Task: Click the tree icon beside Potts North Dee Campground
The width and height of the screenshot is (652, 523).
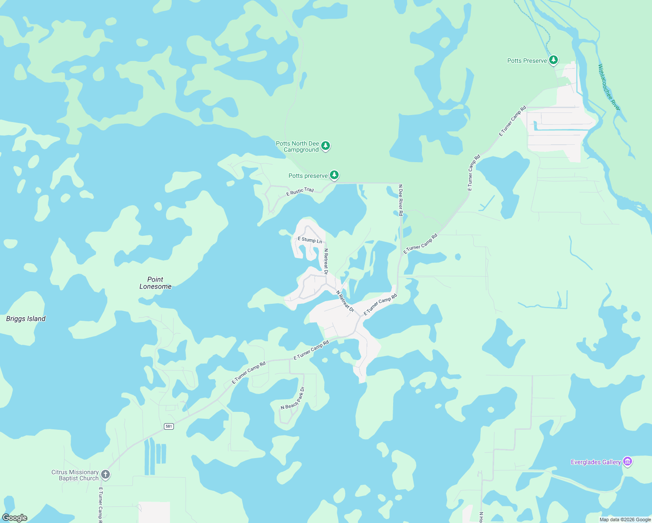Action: pyautogui.click(x=326, y=146)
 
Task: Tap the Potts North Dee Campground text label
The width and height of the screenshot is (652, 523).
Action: pyautogui.click(x=298, y=146)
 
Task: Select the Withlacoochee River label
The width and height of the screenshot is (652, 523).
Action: pyautogui.click(x=609, y=87)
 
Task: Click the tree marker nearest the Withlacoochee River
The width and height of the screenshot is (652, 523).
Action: pyautogui.click(x=554, y=60)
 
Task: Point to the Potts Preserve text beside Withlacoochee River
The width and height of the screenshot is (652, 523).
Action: pyautogui.click(x=527, y=61)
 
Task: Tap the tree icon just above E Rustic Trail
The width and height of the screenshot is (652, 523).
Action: pyautogui.click(x=334, y=175)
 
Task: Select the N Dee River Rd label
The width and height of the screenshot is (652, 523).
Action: pyautogui.click(x=401, y=200)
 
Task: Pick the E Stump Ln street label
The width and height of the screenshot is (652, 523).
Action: pyautogui.click(x=309, y=240)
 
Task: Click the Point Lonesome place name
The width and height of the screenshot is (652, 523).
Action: pyautogui.click(x=155, y=283)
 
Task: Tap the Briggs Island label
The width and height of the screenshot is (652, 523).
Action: pyautogui.click(x=26, y=319)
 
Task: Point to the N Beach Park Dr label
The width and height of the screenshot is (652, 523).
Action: pyautogui.click(x=293, y=398)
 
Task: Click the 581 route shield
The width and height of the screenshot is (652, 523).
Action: pyautogui.click(x=169, y=426)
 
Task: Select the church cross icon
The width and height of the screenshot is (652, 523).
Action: pyautogui.click(x=105, y=474)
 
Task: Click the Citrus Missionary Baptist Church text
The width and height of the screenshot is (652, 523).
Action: pyautogui.click(x=75, y=475)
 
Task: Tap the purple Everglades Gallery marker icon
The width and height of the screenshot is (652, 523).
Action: pyautogui.click(x=628, y=461)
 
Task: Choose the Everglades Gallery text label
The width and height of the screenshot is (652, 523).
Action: pyautogui.click(x=596, y=462)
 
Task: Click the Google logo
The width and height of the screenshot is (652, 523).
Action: pyautogui.click(x=15, y=518)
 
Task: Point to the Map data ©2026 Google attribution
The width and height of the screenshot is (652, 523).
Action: pyautogui.click(x=625, y=520)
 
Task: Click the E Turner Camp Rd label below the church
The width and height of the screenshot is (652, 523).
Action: pyautogui.click(x=100, y=505)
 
